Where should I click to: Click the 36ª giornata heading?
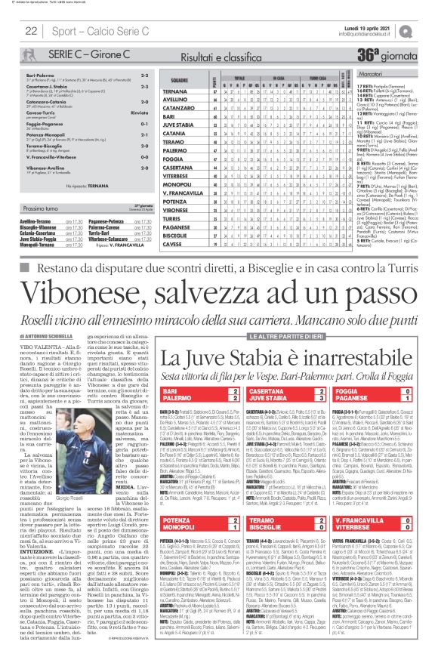(x=384, y=56)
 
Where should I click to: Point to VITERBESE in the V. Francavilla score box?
(x=362, y=529)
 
